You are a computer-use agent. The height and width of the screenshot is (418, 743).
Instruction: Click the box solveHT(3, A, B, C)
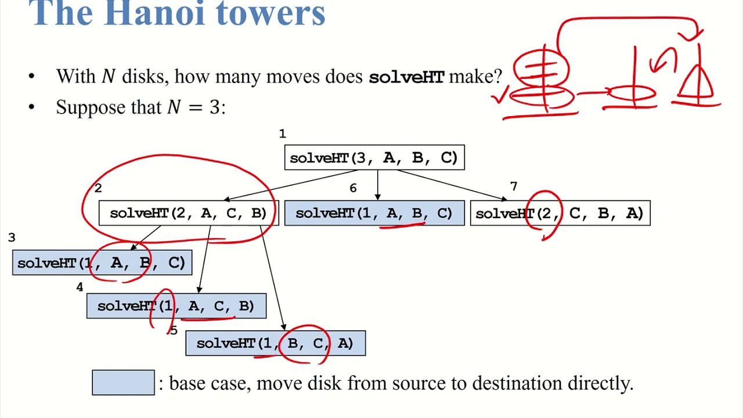tap(374, 157)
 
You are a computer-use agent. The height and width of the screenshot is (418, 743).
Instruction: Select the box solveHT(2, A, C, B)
tap(189, 213)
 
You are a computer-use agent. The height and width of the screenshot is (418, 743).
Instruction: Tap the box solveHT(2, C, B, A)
tap(560, 213)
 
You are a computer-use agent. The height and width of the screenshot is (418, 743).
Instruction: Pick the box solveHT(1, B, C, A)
tap(276, 343)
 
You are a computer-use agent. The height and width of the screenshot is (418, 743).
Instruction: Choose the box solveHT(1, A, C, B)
tap(176, 306)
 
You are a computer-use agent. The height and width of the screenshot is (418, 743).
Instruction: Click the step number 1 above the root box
tap(282, 134)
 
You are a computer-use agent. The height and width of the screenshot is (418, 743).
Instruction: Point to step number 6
tap(353, 188)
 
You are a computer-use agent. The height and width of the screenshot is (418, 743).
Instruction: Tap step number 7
tap(514, 186)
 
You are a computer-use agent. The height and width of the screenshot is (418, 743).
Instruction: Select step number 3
tap(12, 237)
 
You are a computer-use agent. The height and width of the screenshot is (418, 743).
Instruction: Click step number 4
tap(80, 287)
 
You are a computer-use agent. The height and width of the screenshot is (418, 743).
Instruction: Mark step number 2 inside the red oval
tap(98, 188)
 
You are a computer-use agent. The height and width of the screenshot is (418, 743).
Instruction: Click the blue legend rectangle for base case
tap(124, 383)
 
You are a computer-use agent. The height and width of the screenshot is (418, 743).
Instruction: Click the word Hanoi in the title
tap(154, 13)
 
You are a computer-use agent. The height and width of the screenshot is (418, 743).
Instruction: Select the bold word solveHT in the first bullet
tap(406, 77)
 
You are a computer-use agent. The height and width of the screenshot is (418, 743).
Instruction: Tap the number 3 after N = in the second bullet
tap(215, 107)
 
